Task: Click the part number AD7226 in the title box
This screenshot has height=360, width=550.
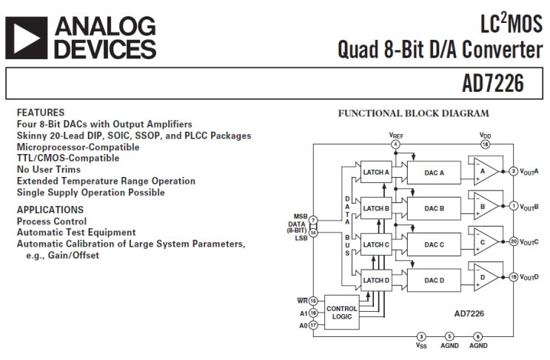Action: click(492, 84)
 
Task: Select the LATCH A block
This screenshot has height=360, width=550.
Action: click(375, 172)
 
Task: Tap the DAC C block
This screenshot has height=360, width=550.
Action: click(434, 244)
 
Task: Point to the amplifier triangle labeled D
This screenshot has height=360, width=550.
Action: click(483, 279)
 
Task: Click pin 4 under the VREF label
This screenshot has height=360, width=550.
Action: click(396, 144)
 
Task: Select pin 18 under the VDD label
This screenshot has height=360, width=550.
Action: click(486, 144)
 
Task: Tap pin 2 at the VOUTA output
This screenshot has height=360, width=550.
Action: click(513, 172)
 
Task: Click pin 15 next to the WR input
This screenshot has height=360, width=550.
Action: click(313, 301)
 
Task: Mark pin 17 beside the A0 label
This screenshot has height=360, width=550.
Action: click(313, 324)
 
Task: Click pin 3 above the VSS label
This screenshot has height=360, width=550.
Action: click(421, 336)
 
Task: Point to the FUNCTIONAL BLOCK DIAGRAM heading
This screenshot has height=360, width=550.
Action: click(413, 113)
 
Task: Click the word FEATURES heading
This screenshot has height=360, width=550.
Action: click(40, 113)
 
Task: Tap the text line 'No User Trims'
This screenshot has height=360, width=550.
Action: click(48, 170)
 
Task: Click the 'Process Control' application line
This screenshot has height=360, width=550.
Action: click(51, 221)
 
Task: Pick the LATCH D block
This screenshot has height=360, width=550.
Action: click(375, 279)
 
